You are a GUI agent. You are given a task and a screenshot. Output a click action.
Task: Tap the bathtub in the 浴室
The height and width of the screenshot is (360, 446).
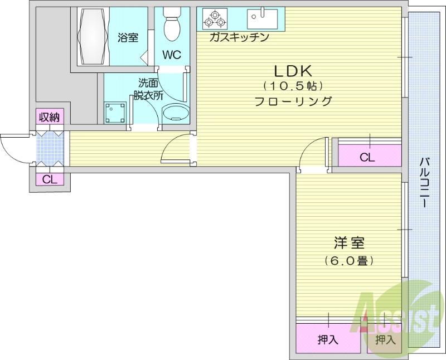coord(93,36)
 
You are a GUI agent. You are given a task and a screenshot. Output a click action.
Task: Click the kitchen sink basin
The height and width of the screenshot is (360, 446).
coord(262,19)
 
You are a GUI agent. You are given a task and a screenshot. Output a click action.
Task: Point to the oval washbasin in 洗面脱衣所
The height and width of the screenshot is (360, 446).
coord(176,113)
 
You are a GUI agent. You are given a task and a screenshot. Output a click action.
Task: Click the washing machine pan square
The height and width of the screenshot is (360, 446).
coord(115,113)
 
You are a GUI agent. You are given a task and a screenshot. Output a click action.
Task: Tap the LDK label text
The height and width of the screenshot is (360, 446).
coord(293,71)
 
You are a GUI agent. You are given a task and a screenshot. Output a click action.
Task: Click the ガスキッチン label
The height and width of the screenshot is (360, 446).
coord(239,37)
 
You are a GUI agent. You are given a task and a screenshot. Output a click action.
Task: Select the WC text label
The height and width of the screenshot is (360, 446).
coord(172,55)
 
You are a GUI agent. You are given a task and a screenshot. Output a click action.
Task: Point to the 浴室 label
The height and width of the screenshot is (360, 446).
coord(128,37)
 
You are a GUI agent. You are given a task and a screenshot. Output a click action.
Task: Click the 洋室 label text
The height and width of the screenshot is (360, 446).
coord(349,242)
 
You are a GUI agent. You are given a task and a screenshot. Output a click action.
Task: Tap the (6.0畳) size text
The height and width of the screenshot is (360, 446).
coord(349,260)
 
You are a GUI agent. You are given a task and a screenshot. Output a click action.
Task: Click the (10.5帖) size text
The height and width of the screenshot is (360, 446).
coord(293,86)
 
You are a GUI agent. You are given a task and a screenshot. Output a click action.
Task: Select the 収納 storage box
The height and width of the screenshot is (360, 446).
coord(50,116)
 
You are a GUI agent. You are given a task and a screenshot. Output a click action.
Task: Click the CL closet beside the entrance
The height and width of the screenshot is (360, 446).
coord(50,179)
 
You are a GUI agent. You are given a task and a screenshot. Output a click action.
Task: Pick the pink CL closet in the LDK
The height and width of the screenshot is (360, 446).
coord(370,155)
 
